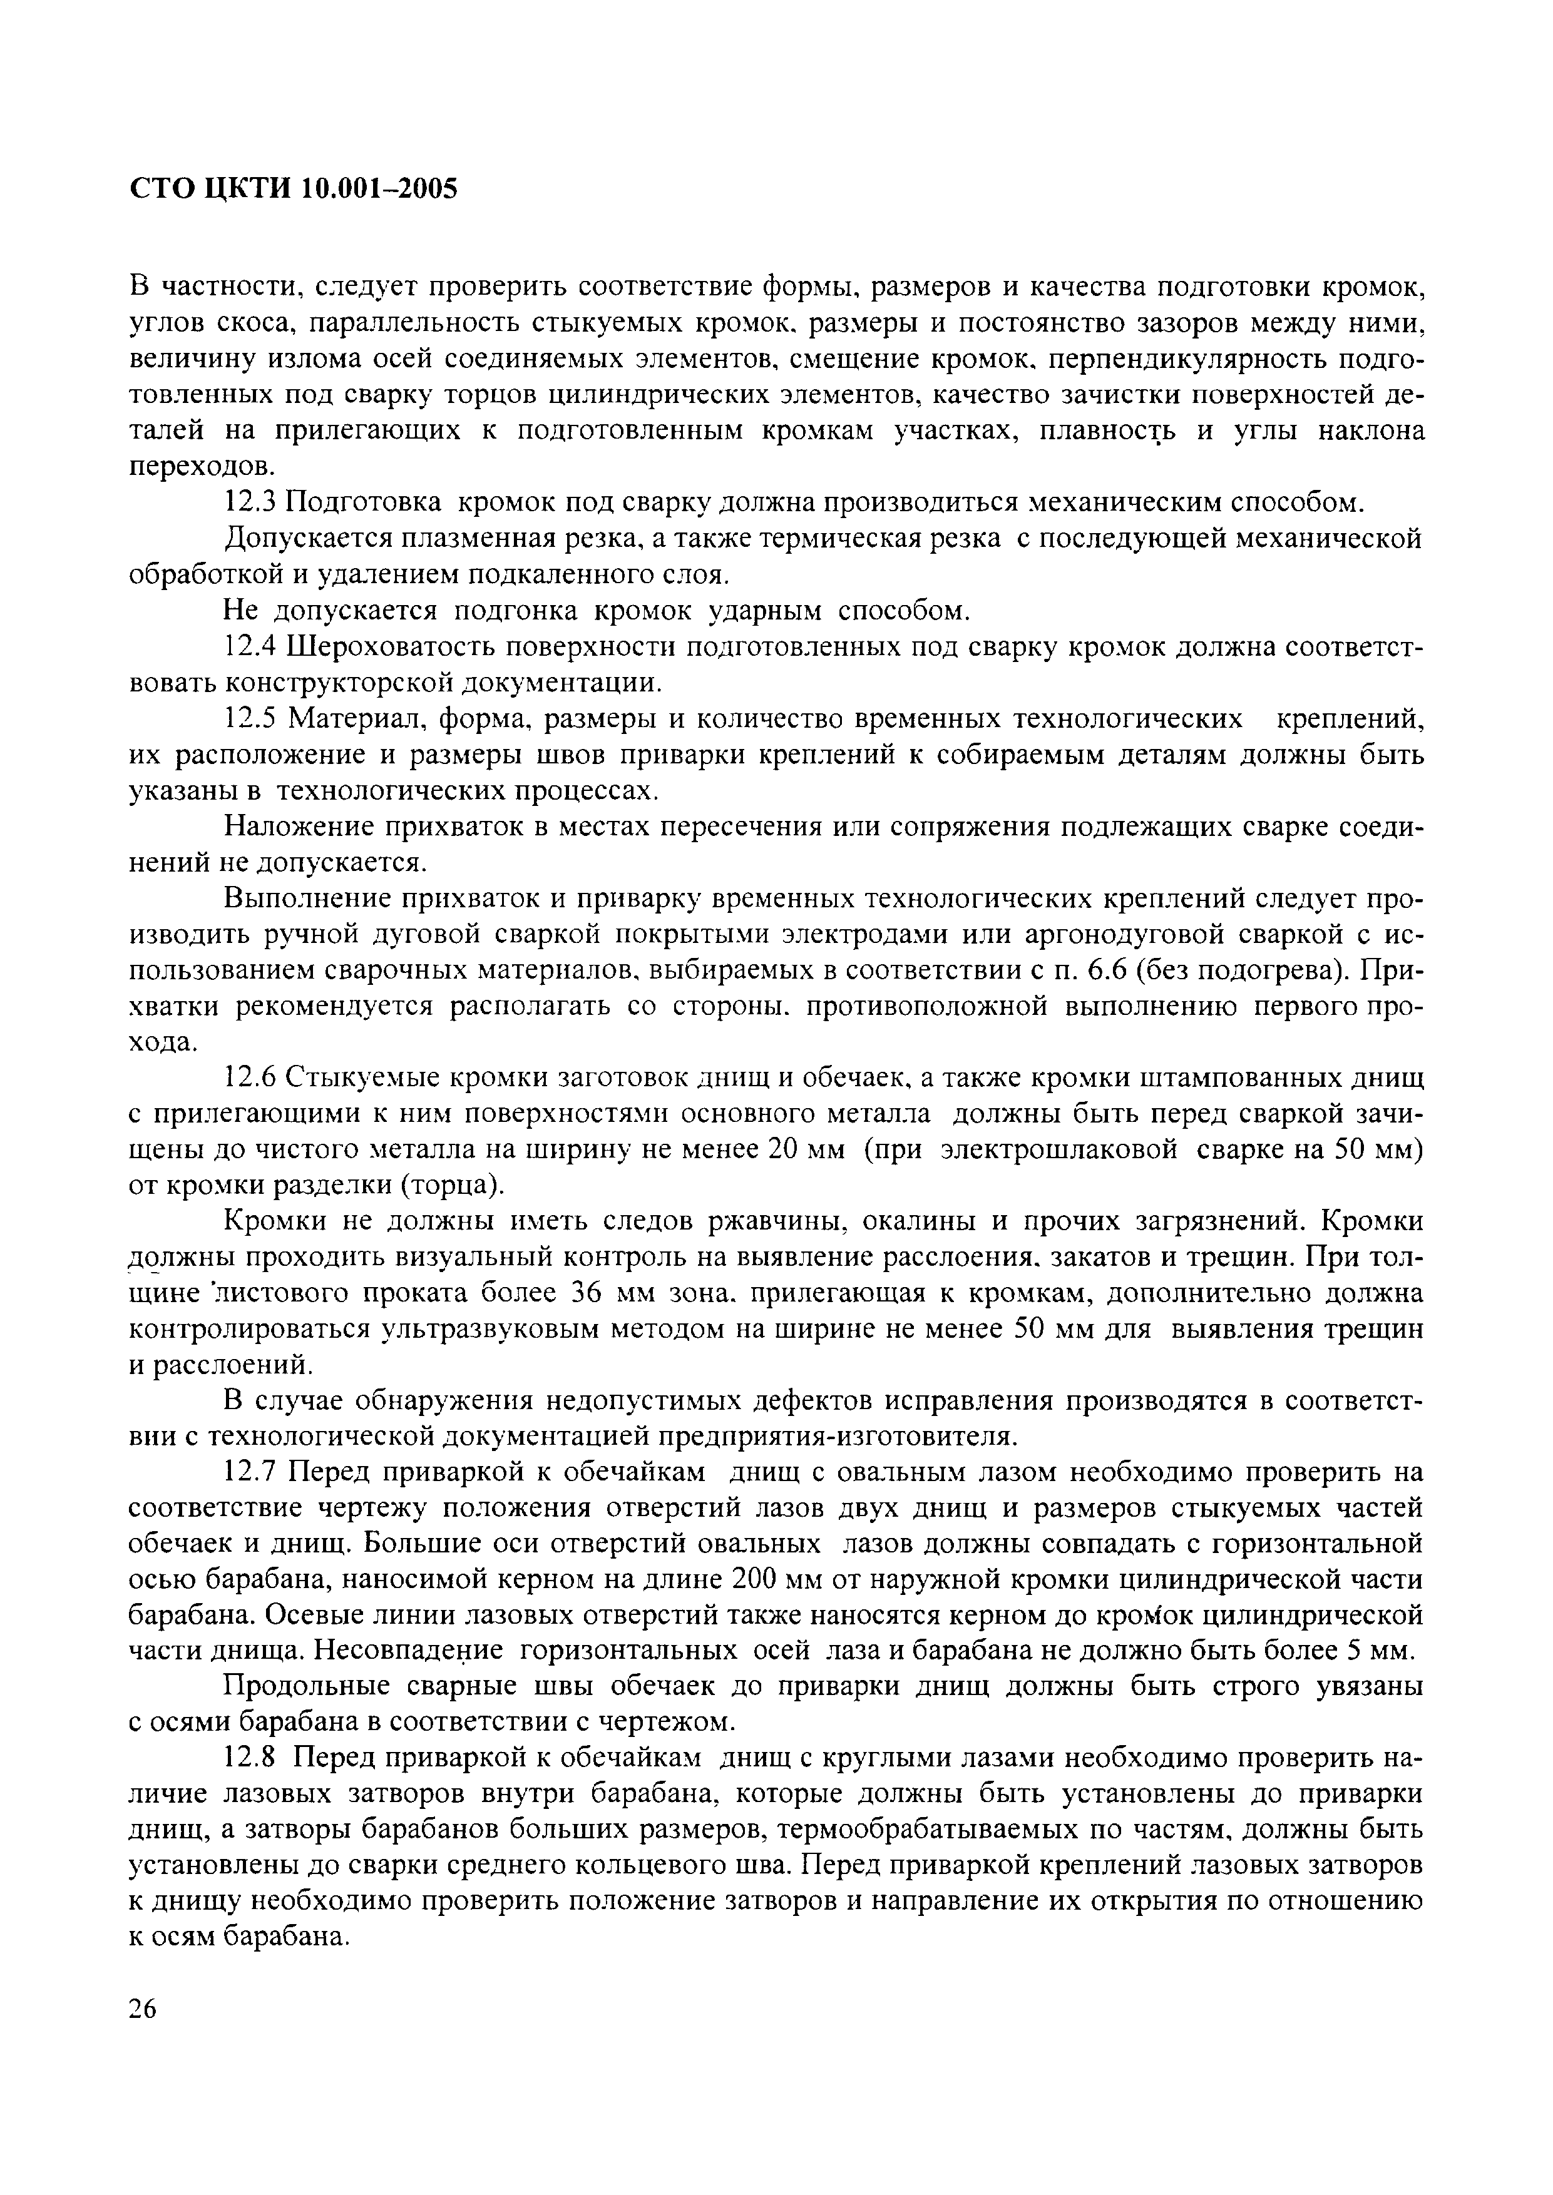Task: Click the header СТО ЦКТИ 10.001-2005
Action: pyautogui.click(x=294, y=190)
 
